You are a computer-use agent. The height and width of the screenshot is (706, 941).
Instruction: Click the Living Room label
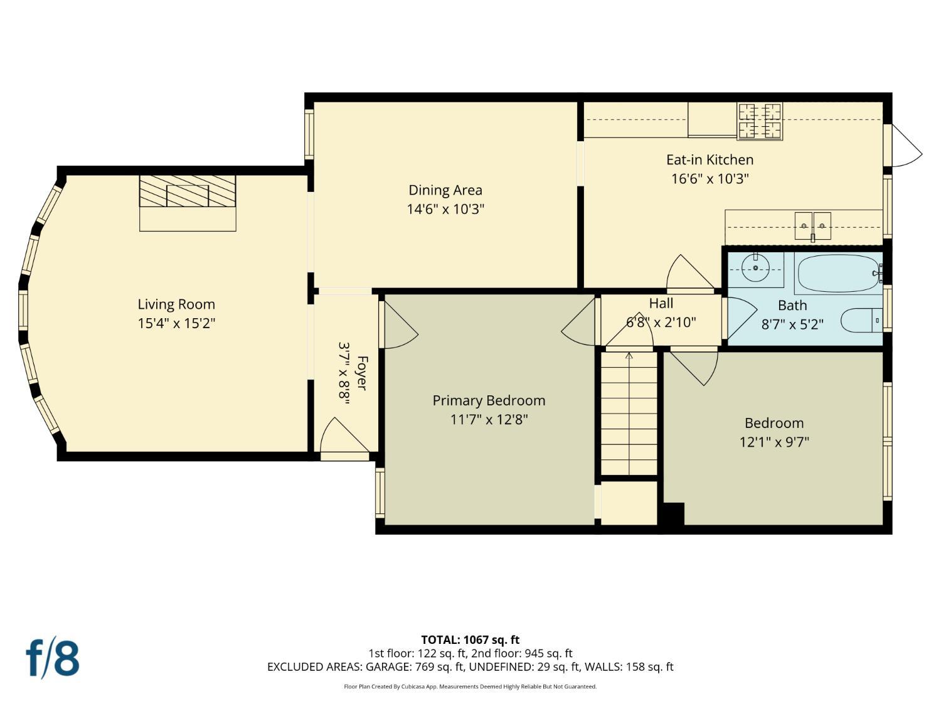pos(176,304)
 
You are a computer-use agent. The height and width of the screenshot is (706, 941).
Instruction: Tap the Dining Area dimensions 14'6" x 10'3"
pos(445,209)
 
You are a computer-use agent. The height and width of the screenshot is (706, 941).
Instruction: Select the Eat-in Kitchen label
pos(710,160)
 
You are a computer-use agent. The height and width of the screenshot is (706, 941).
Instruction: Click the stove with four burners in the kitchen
pos(760,121)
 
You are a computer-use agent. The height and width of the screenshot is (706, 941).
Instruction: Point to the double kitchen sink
pos(813,226)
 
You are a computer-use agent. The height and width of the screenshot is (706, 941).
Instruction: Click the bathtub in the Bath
pos(839,274)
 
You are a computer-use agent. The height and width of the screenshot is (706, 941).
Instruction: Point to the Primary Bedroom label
pos(489,400)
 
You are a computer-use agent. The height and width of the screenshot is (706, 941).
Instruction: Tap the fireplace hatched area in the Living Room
pos(188,191)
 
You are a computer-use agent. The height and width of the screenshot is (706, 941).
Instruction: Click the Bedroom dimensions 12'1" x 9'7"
pos(774,442)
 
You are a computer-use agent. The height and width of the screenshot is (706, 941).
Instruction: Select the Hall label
pos(661,304)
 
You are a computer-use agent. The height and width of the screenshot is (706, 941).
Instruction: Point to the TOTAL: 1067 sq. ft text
pos(470,640)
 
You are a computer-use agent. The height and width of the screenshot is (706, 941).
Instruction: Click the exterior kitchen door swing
pos(905,146)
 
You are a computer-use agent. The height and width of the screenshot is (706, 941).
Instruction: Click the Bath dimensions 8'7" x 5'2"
pos(792,324)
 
